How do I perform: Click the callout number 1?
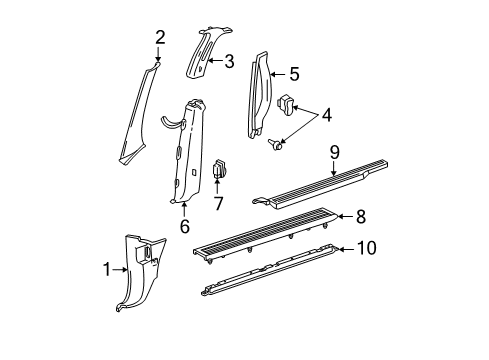[107, 269]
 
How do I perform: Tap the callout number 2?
[160, 37]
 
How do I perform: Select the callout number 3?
[229, 61]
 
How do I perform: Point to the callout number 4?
[326, 115]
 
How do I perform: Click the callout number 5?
[294, 74]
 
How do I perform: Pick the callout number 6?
[185, 226]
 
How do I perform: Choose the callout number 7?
[218, 203]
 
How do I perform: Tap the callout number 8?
[361, 217]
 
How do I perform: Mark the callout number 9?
[335, 153]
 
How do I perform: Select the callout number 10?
[367, 248]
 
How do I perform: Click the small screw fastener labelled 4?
[275, 145]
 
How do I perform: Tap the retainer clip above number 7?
[220, 169]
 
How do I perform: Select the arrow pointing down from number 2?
[158, 54]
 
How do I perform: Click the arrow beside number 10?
[346, 249]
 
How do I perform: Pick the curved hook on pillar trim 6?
[172, 122]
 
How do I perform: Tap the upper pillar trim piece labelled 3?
[204, 52]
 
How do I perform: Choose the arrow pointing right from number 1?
[120, 270]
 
